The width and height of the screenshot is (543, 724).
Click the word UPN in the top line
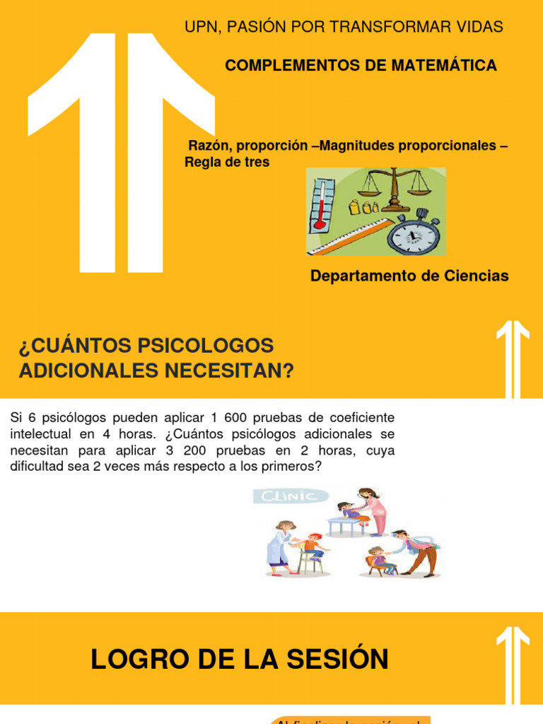click(x=200, y=27)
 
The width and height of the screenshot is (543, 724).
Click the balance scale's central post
click(x=393, y=187)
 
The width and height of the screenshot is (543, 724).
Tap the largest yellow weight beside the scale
click(x=355, y=207)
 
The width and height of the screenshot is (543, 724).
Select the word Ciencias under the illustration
click(x=476, y=276)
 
